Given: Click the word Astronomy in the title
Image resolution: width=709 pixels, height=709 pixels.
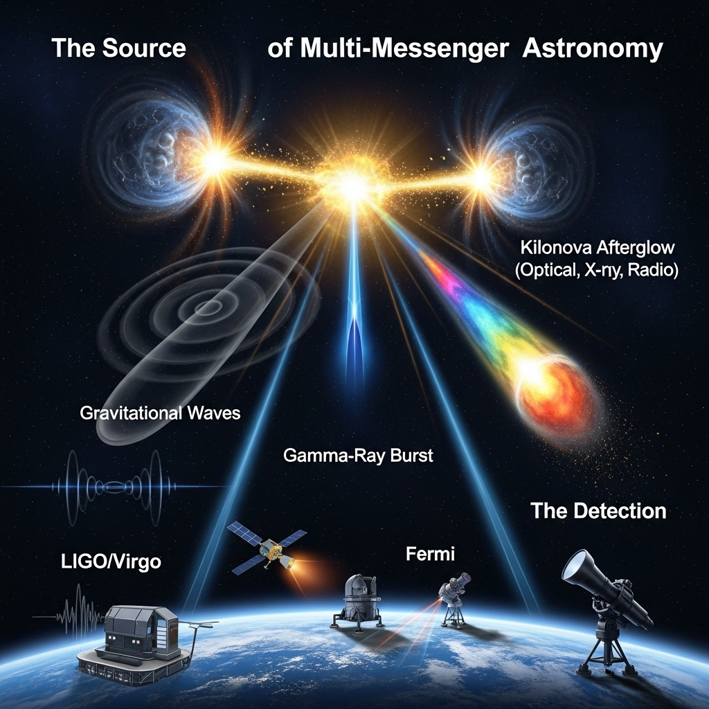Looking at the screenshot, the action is [593, 48].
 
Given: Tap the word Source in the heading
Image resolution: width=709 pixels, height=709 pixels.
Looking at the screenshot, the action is [144, 48].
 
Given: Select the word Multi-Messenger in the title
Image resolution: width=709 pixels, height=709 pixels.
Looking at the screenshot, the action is [404, 49].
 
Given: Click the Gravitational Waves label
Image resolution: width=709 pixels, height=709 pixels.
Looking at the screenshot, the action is [160, 413].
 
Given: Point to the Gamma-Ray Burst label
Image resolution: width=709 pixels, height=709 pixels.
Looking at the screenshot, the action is [358, 455].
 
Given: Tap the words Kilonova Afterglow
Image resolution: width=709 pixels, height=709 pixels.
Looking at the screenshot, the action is [598, 247].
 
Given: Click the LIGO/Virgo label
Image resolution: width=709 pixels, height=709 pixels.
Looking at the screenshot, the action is [111, 562].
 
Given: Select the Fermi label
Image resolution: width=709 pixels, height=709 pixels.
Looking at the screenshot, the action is [430, 554].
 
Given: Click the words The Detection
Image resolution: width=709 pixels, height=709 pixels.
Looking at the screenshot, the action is [598, 510].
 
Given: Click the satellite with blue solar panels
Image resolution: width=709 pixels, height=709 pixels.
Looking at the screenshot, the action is [267, 548].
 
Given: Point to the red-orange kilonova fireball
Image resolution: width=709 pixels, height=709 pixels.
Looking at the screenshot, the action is [556, 393].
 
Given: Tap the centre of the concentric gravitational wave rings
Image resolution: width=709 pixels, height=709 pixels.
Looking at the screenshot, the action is [208, 308].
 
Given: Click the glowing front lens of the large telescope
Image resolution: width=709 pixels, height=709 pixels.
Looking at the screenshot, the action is [575, 565].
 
